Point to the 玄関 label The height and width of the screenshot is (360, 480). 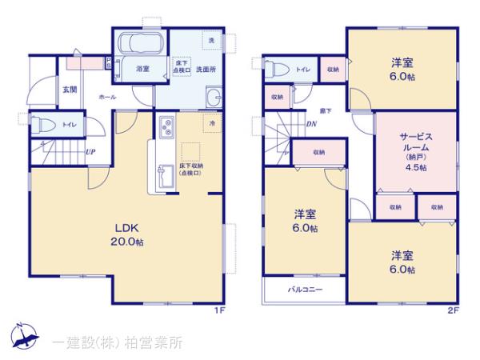coord(70,90)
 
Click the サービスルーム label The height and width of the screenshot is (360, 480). coord(415,143)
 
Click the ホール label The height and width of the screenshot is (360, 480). coord(107,97)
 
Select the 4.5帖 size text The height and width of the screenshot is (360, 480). coord(415,168)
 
